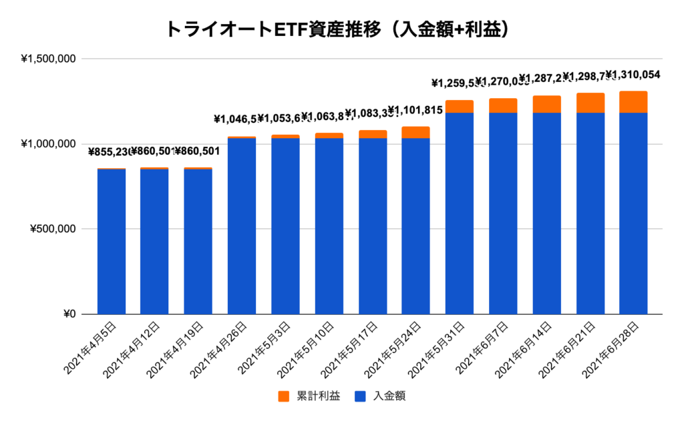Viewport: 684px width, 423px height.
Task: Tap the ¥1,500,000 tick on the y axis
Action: [x=49, y=59]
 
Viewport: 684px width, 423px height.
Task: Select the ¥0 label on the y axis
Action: [x=69, y=314]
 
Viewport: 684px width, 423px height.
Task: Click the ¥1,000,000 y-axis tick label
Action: [x=49, y=144]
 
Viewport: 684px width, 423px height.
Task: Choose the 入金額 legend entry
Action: [x=380, y=396]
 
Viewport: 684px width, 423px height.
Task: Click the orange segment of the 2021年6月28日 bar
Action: [x=633, y=102]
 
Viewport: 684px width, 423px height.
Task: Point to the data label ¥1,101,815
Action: [x=415, y=111]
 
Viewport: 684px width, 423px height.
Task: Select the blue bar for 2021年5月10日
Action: [x=329, y=226]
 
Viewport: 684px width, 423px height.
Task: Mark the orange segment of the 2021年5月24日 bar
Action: [x=415, y=132]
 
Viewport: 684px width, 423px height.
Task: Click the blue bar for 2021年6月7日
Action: [x=503, y=214]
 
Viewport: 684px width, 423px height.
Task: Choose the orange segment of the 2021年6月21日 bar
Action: [x=590, y=103]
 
